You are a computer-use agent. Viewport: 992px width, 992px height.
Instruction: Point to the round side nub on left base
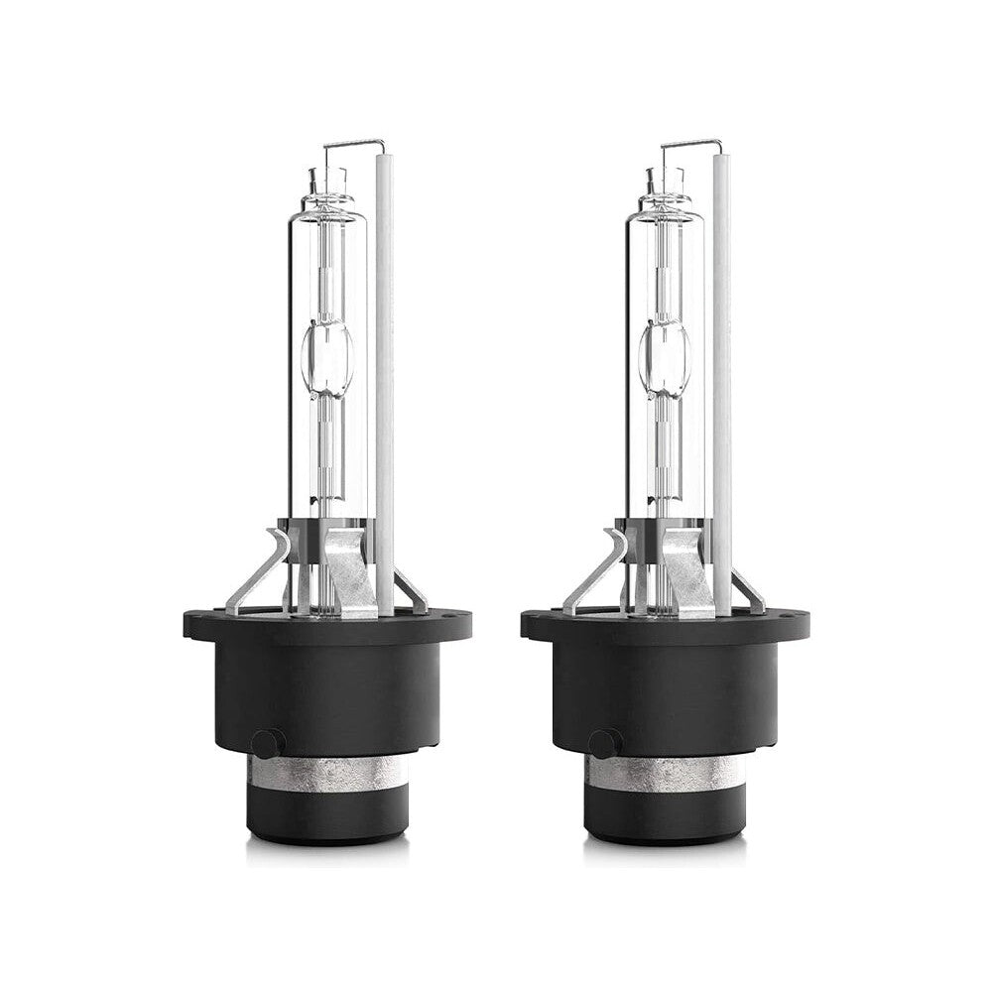pos(267,743)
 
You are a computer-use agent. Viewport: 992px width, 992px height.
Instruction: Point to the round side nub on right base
pos(604,743)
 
